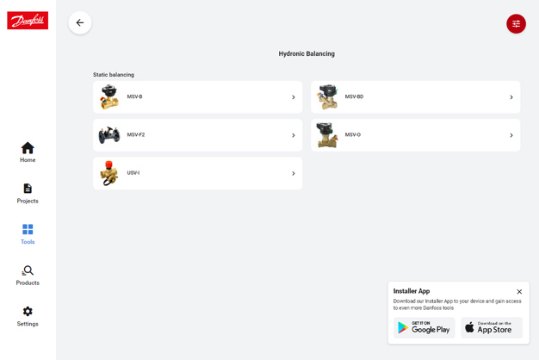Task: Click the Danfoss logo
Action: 28,21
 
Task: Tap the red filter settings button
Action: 516,24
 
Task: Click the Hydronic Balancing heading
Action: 307,54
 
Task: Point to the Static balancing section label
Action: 114,75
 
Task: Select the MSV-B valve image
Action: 109,97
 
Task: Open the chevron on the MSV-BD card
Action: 511,97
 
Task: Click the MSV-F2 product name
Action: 136,135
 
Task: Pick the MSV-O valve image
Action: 327,135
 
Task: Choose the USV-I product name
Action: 133,173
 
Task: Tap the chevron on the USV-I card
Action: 293,173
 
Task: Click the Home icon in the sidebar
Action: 28,148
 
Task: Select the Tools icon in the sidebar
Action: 28,230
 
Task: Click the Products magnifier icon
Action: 28,270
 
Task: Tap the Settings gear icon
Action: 28,312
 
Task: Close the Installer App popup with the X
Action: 519,292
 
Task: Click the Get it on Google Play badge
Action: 424,328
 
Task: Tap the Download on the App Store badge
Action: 491,328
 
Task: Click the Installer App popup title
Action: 412,291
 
